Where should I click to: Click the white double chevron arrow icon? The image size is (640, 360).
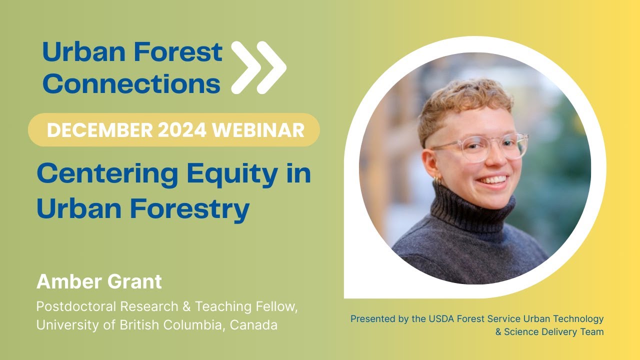click(x=258, y=67)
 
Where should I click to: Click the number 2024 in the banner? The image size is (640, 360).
click(x=182, y=130)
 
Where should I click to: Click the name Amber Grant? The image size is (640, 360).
click(x=99, y=282)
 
